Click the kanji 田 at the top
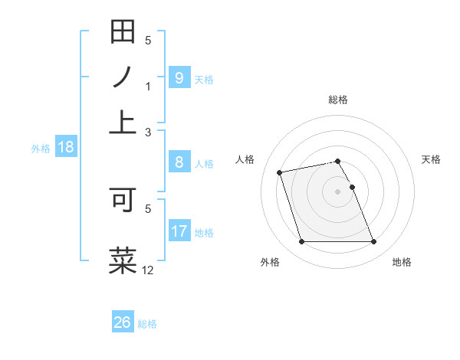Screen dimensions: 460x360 tap(123, 32)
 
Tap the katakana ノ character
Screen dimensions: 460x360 tap(123, 77)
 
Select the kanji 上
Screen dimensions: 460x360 tap(123, 121)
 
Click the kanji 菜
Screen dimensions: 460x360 tap(123, 260)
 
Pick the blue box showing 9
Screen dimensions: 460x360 tap(179, 78)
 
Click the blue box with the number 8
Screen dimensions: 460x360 tap(179, 162)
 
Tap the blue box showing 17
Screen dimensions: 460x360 tap(179, 231)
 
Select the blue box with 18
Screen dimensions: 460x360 tap(65, 148)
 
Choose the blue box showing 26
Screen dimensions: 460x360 tap(122, 322)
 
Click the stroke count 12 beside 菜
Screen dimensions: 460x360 tap(148, 270)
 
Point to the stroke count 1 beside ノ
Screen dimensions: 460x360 tap(149, 87)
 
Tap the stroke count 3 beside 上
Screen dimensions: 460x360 tap(149, 132)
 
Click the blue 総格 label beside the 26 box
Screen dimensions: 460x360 tap(147, 324)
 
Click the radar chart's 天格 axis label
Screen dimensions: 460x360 tap(431, 159)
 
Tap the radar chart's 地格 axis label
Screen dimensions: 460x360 tap(402, 263)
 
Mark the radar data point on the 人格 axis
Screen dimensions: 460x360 tap(280, 172)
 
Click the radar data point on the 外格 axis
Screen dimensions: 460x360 tap(301, 242)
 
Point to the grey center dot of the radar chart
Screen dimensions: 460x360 tap(337, 191)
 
